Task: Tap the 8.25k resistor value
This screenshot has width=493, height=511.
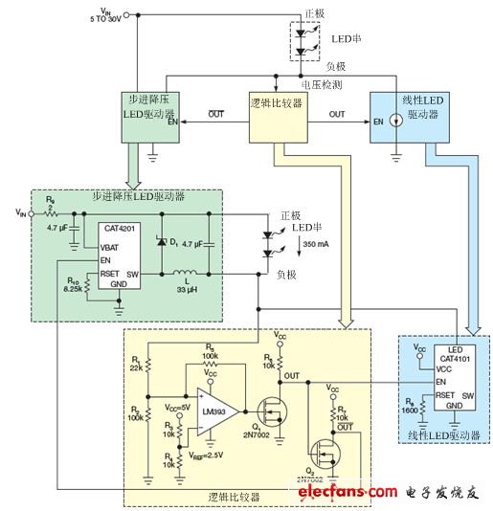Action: point(75,288)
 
